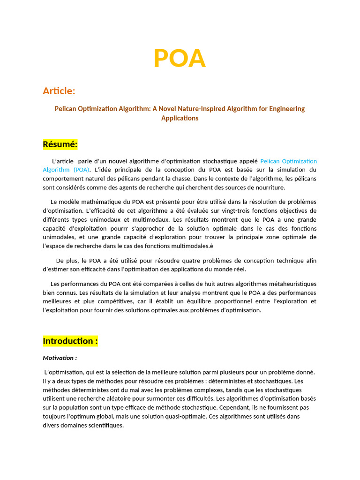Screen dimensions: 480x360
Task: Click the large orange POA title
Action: [x=180, y=58]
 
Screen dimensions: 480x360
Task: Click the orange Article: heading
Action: [x=59, y=90]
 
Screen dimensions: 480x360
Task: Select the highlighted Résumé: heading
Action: [x=60, y=144]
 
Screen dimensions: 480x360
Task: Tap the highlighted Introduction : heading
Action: [x=70, y=341]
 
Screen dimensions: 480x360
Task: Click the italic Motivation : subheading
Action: [x=60, y=358]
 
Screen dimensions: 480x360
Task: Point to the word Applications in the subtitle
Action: [x=180, y=118]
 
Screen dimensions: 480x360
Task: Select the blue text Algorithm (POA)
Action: [x=66, y=170]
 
